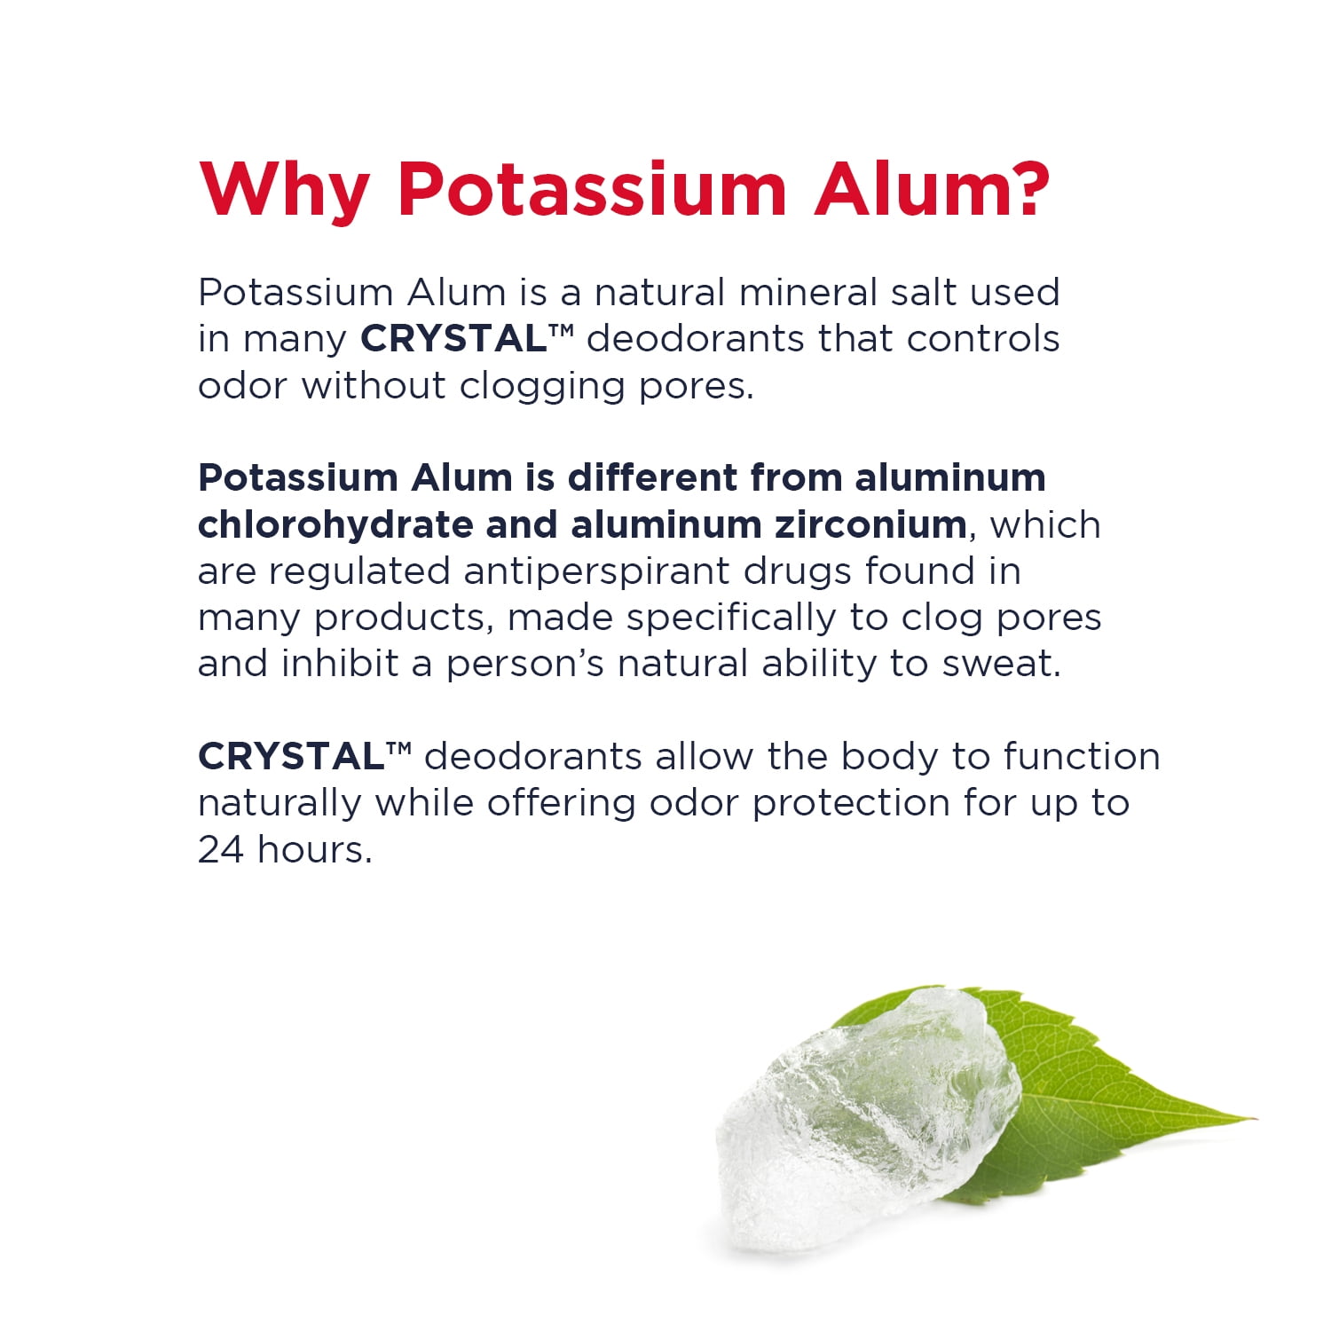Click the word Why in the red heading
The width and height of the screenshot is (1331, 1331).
click(x=284, y=191)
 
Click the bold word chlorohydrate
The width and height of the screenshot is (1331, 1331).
click(x=335, y=525)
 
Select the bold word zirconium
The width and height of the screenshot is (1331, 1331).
click(x=870, y=524)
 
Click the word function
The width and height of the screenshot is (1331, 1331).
click(x=1082, y=757)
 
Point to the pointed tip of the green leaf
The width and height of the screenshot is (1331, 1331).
click(x=1253, y=1119)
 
